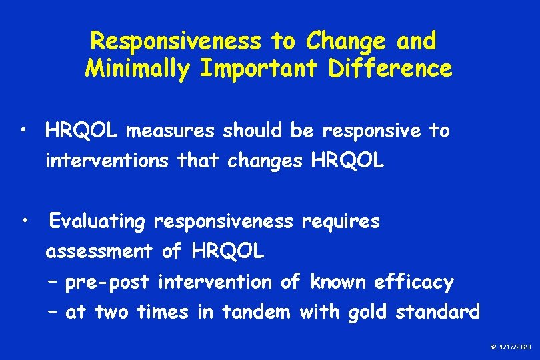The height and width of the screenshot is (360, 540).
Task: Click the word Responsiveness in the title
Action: point(176,41)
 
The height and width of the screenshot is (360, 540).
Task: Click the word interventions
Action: point(104,161)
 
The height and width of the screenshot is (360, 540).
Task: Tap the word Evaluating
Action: point(97,222)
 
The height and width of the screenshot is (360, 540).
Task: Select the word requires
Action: point(341,222)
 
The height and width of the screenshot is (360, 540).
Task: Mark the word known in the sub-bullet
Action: point(336,283)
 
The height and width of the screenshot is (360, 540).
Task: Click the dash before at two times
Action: point(53,312)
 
